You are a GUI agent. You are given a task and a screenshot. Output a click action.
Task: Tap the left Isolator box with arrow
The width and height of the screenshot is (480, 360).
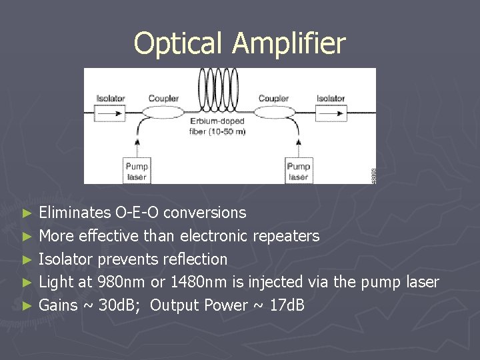pos(110,113)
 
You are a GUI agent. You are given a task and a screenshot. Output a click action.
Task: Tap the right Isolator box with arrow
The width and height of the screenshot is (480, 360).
pos(331,113)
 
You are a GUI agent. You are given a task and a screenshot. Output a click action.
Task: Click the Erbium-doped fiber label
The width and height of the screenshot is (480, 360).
pos(217,126)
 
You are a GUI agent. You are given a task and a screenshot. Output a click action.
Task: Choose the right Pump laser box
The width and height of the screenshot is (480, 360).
pos(298,171)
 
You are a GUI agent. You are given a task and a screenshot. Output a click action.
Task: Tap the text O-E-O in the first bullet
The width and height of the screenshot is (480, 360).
pos(137,213)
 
